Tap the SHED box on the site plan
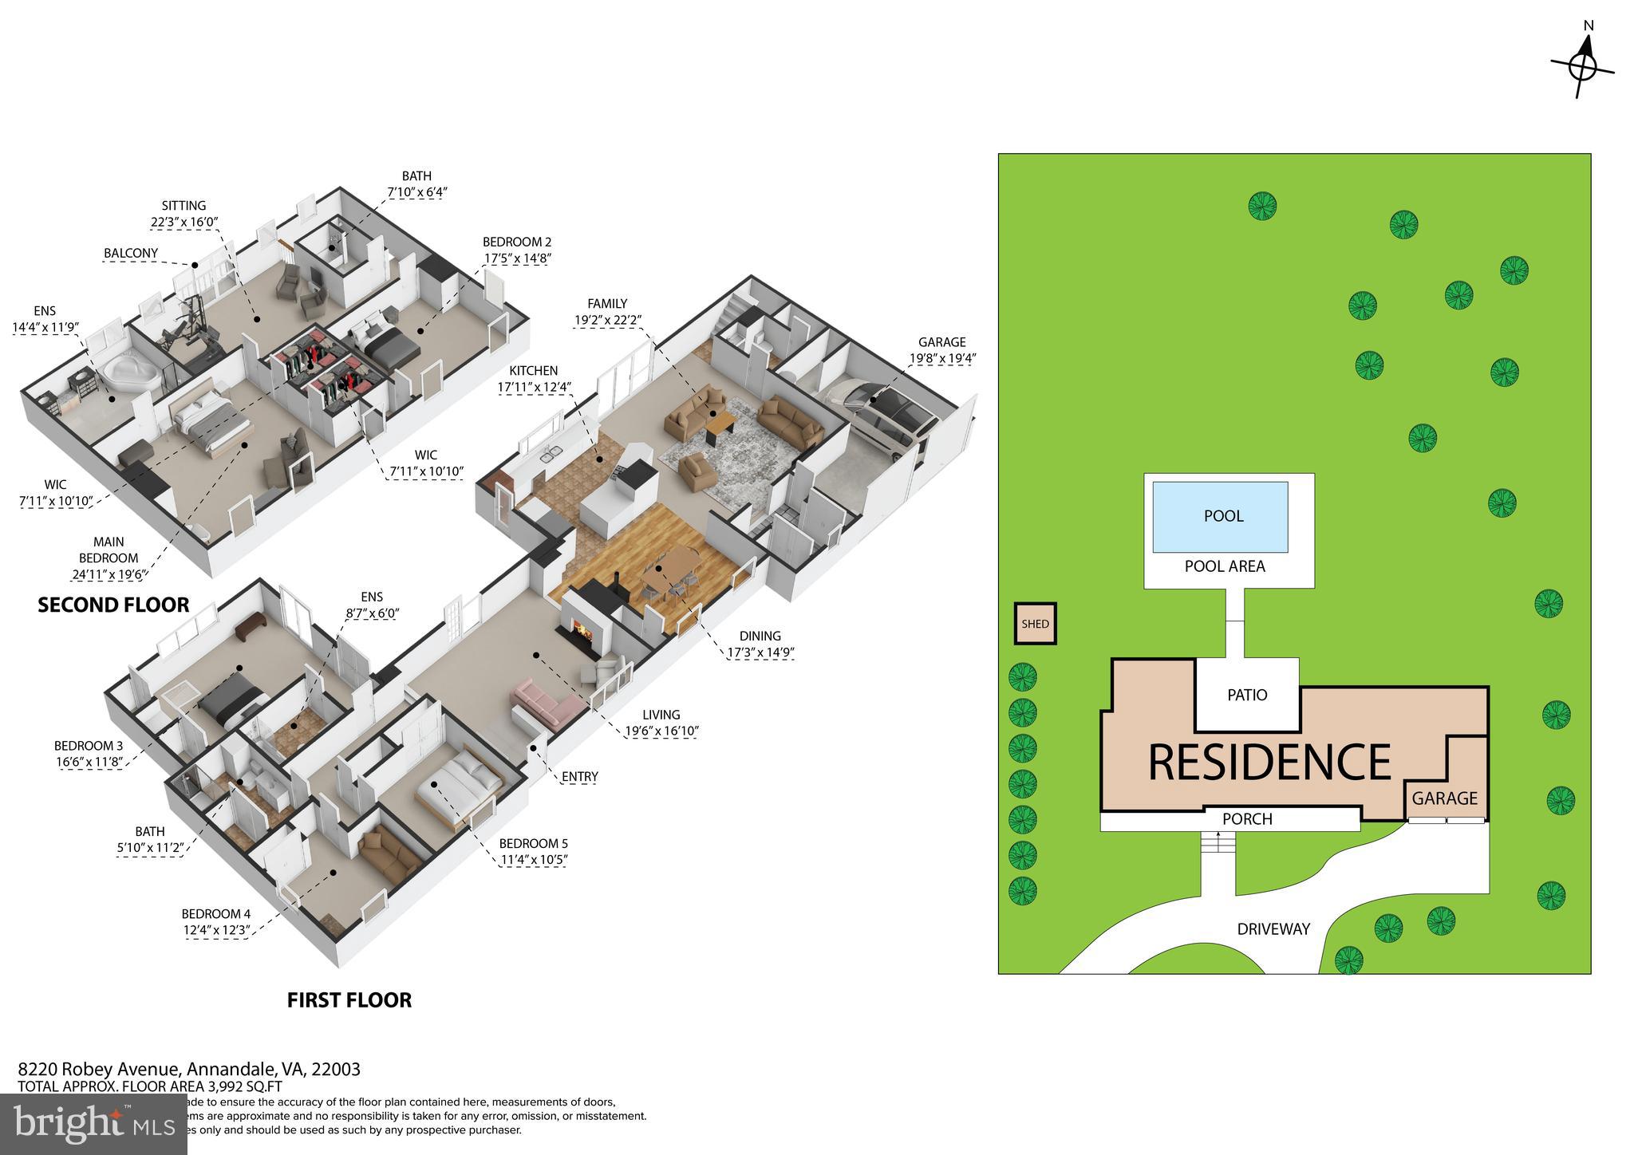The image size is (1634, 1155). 1035,624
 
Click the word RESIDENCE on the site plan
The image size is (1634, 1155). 1269,762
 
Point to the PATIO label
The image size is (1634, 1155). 1247,695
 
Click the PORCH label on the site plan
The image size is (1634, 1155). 1247,819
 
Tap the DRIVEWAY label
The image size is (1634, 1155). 1273,929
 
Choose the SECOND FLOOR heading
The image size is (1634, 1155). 113,605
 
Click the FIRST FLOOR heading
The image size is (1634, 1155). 349,1000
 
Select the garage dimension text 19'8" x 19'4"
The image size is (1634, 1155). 942,358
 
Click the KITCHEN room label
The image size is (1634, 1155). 534,370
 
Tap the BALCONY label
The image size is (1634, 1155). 131,253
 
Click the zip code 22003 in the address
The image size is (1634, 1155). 339,1069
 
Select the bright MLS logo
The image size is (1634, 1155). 93,1124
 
